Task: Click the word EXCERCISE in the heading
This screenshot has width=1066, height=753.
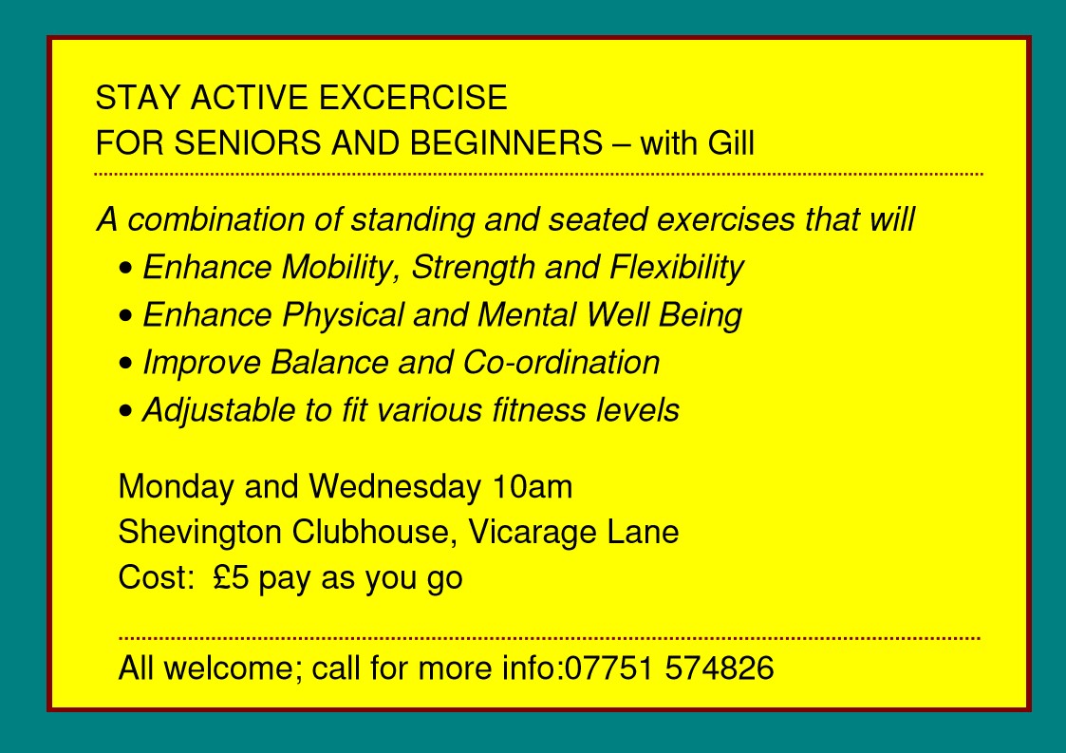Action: click(x=413, y=97)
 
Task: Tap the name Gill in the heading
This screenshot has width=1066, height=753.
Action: click(x=731, y=142)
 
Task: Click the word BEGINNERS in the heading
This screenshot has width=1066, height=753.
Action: click(x=507, y=142)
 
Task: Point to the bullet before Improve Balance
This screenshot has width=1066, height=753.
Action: click(x=125, y=364)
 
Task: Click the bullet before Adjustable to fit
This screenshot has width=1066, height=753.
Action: click(x=125, y=411)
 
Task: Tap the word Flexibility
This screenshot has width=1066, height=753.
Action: click(x=677, y=268)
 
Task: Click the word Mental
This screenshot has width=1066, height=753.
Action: click(x=526, y=315)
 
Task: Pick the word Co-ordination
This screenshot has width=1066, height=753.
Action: click(x=562, y=363)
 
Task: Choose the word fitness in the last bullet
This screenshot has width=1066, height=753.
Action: click(x=538, y=410)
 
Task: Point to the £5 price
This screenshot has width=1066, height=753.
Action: click(x=231, y=578)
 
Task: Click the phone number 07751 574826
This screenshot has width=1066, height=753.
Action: click(x=669, y=668)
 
